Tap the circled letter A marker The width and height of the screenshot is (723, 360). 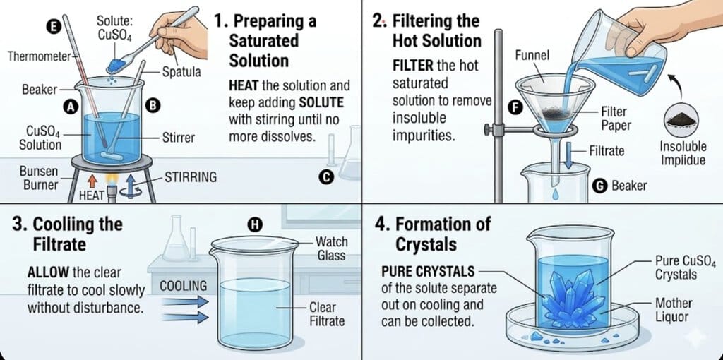pos(70,107)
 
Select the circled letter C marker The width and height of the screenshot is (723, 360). pos(325,178)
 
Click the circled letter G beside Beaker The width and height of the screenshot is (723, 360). pos(599,186)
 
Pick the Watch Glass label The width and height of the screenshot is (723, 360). pos(331,248)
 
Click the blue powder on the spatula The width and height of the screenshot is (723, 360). pos(113,66)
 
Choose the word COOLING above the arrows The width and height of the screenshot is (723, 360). pos(183,285)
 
